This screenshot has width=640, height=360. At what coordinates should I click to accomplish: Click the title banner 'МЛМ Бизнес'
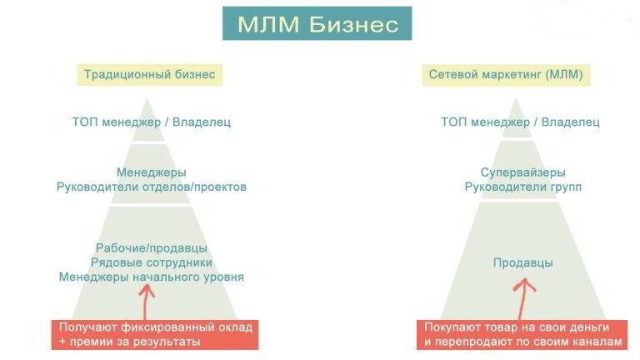coord(317,23)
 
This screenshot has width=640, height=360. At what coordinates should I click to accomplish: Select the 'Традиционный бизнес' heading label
coord(150,75)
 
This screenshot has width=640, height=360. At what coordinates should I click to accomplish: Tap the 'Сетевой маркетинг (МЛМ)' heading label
coord(506,75)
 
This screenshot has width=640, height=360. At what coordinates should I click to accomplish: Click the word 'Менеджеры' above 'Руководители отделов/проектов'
coord(152,172)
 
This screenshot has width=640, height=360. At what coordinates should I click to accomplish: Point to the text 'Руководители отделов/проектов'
coord(152,187)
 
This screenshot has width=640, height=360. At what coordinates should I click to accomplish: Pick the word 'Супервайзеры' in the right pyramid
coord(522,172)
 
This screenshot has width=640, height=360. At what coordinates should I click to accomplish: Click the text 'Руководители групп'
coord(522,187)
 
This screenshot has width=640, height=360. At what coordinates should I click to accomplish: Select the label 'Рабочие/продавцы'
coord(152,248)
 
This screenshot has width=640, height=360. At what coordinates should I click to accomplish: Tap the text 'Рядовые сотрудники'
coord(152,262)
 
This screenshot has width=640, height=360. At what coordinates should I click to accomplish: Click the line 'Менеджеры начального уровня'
coord(152,277)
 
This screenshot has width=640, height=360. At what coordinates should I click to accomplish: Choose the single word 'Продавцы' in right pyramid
coord(522,262)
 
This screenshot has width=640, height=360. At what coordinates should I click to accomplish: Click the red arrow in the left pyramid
coord(145,302)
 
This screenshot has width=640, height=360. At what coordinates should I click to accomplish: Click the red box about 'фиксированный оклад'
coord(155,335)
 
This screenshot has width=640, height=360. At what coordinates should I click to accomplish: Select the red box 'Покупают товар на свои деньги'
coord(522,335)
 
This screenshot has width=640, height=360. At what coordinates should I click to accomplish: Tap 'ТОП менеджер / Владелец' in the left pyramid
coord(152,122)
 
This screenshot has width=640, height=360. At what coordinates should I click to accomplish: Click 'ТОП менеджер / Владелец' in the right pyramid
coord(520,122)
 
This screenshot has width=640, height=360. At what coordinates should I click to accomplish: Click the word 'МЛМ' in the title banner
coord(268,24)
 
